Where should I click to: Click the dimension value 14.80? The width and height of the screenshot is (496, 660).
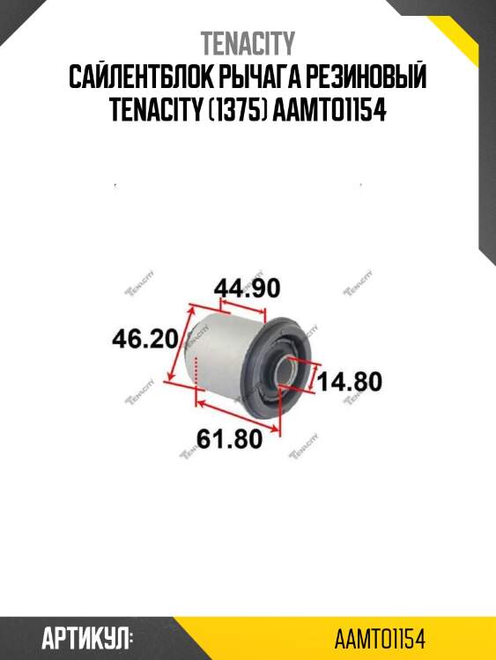[350, 381]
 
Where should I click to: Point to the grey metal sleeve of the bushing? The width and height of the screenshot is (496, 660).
[220, 352]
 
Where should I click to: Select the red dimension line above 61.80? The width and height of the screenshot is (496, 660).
[238, 415]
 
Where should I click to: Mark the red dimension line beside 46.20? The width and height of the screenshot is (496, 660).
[185, 343]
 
